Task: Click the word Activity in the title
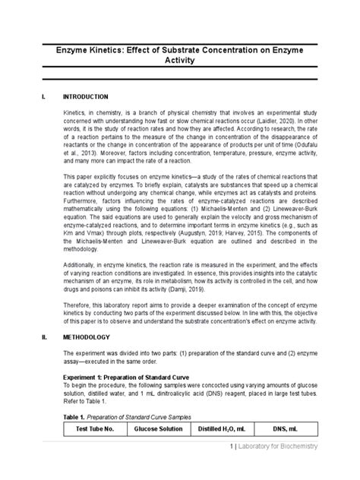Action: pyautogui.click(x=180, y=60)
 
